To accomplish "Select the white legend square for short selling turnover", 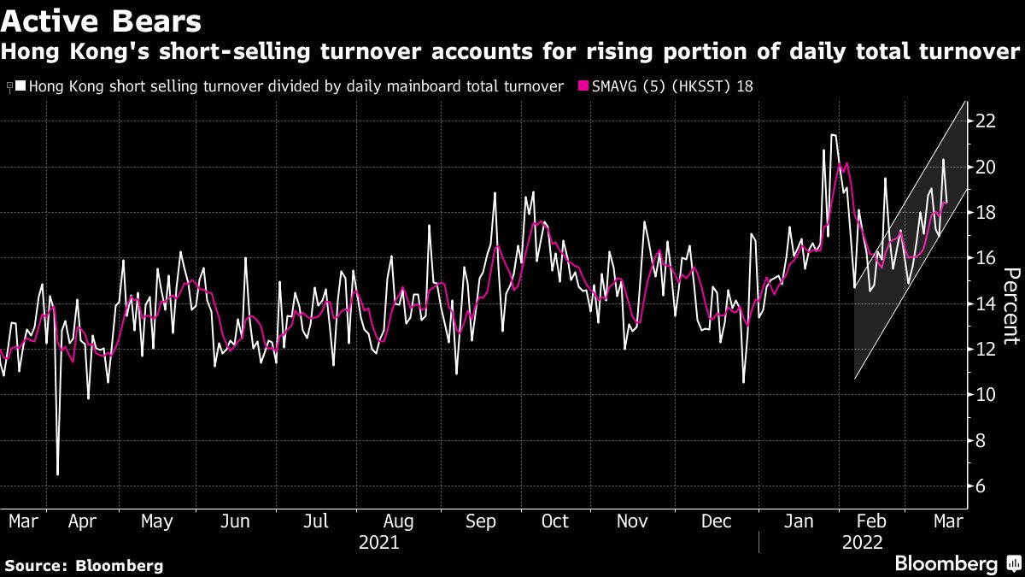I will [x=20, y=85].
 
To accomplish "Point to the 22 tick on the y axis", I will [x=985, y=121].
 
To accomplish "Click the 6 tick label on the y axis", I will [x=980, y=486].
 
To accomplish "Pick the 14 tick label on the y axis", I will [x=985, y=303].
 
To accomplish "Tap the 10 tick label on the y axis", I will [x=985, y=395].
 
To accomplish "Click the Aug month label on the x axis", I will [x=399, y=521].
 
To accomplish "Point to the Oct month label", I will [x=554, y=521].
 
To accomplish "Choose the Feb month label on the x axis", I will [x=871, y=521].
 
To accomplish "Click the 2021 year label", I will [x=378, y=542].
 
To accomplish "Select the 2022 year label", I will [x=863, y=542].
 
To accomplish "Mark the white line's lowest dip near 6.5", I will [x=57, y=474].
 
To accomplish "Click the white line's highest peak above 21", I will [x=832, y=134].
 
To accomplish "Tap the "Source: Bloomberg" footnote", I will [x=84, y=565].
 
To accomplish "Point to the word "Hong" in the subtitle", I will [x=26, y=53].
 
